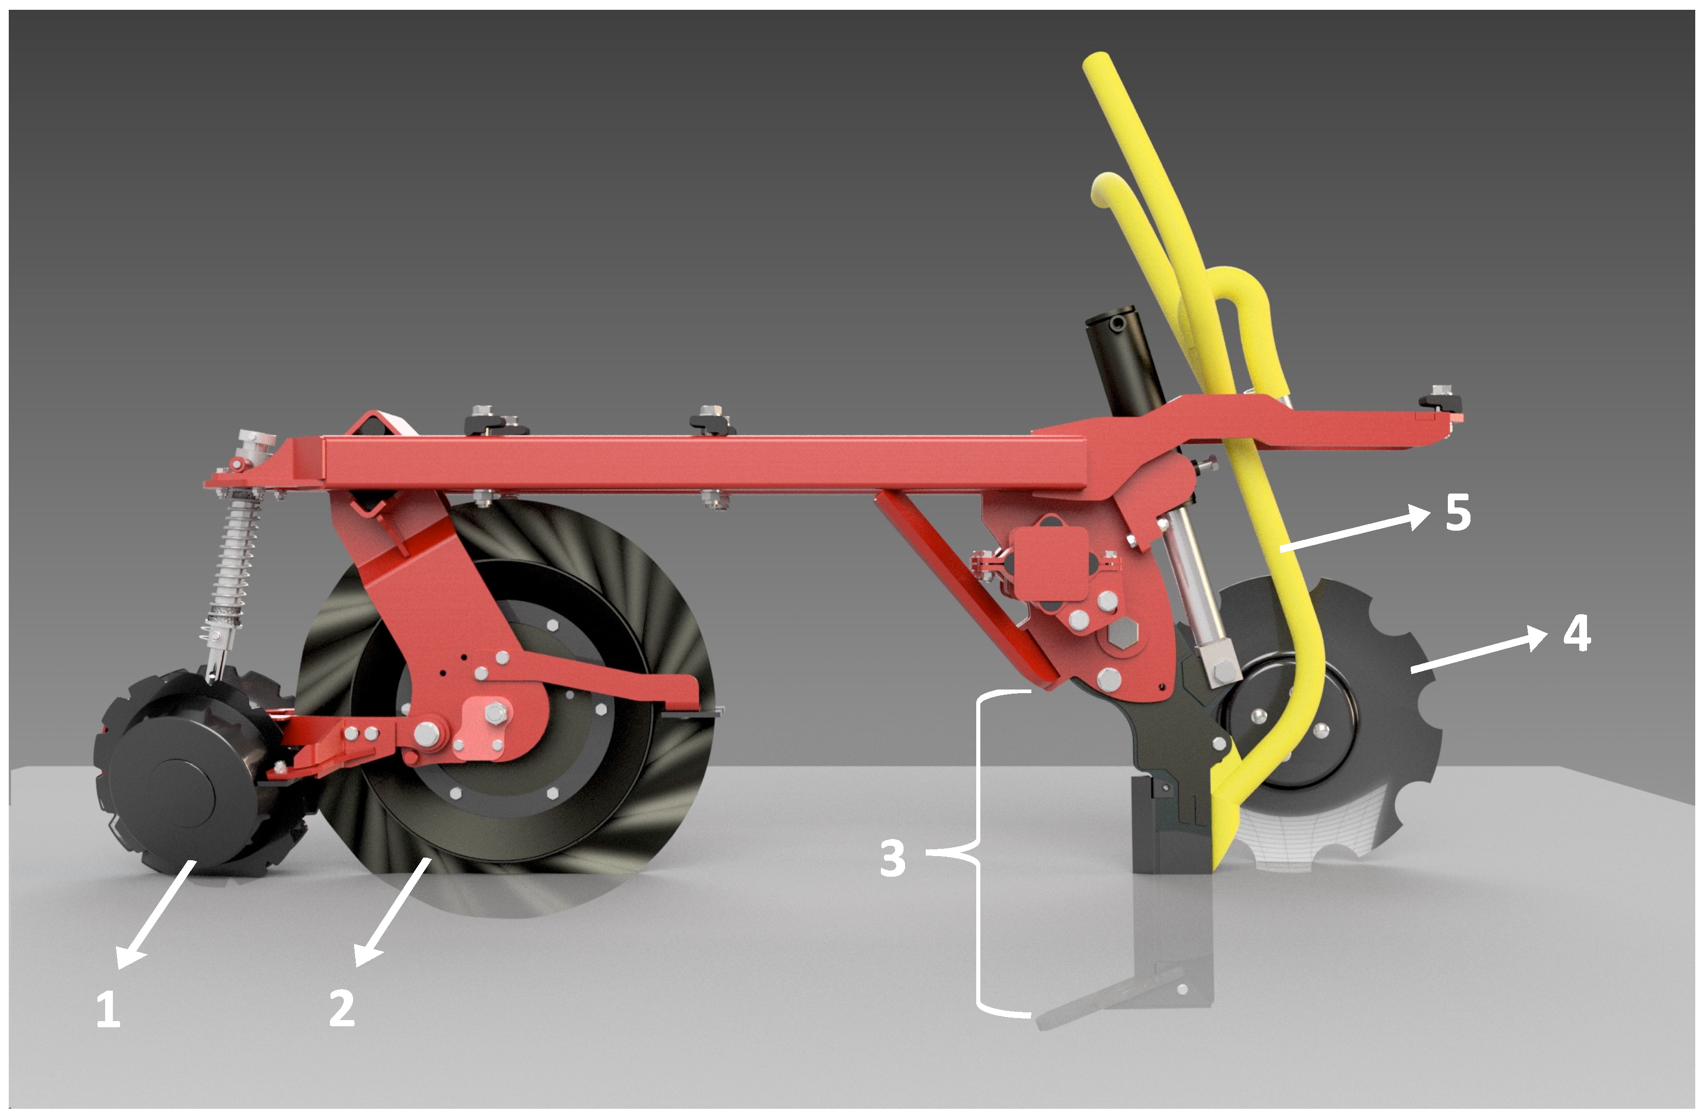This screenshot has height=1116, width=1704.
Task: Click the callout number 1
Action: pos(108,1009)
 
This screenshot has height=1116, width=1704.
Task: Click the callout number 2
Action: pos(342,1009)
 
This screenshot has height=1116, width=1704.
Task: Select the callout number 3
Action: pos(893,858)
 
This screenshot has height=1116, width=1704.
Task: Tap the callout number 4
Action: pos(1577,633)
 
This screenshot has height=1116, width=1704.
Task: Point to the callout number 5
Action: pos(1458,512)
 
